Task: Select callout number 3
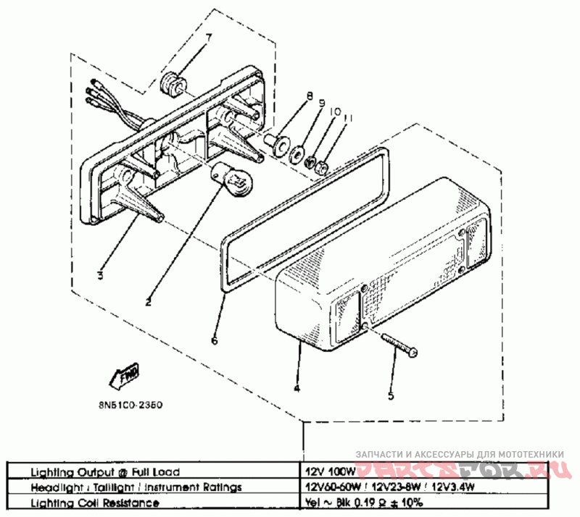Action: click(101, 275)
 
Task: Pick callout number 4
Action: click(297, 388)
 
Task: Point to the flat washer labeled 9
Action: click(297, 154)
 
